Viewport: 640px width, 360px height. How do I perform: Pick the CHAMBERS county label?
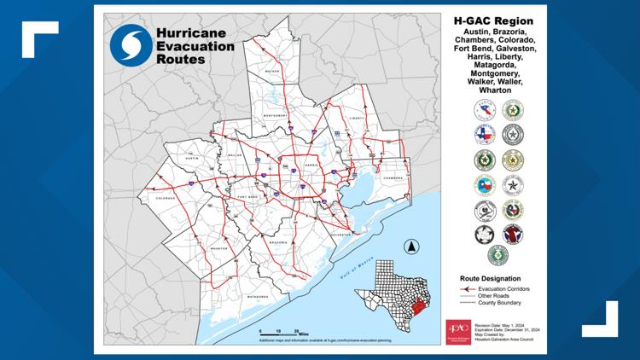[x=392, y=177]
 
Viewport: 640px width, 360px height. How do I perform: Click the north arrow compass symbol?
[x=410, y=247]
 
